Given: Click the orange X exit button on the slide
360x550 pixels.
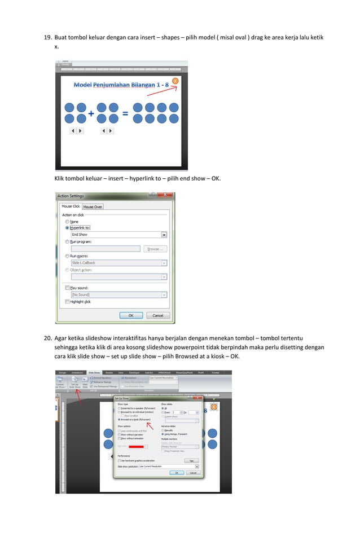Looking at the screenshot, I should point(175,81).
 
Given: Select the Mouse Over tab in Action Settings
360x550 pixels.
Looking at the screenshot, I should point(93,206).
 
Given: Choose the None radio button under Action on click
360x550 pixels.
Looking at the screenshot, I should point(68,222).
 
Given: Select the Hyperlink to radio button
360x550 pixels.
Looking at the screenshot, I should point(68,228).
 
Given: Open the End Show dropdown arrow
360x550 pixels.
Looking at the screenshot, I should point(164,235).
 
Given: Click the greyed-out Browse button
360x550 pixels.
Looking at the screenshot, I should point(155,249).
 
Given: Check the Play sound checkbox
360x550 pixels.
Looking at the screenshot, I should point(68,288).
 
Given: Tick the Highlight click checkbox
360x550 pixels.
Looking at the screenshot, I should point(68,302).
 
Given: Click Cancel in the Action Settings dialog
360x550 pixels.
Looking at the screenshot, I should point(157,315).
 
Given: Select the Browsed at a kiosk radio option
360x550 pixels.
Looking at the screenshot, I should point(119,420).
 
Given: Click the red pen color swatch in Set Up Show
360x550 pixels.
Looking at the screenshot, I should point(136,447).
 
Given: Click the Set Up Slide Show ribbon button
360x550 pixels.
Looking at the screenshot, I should point(74,385).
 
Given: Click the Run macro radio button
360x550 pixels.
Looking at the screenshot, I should point(68,256).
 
